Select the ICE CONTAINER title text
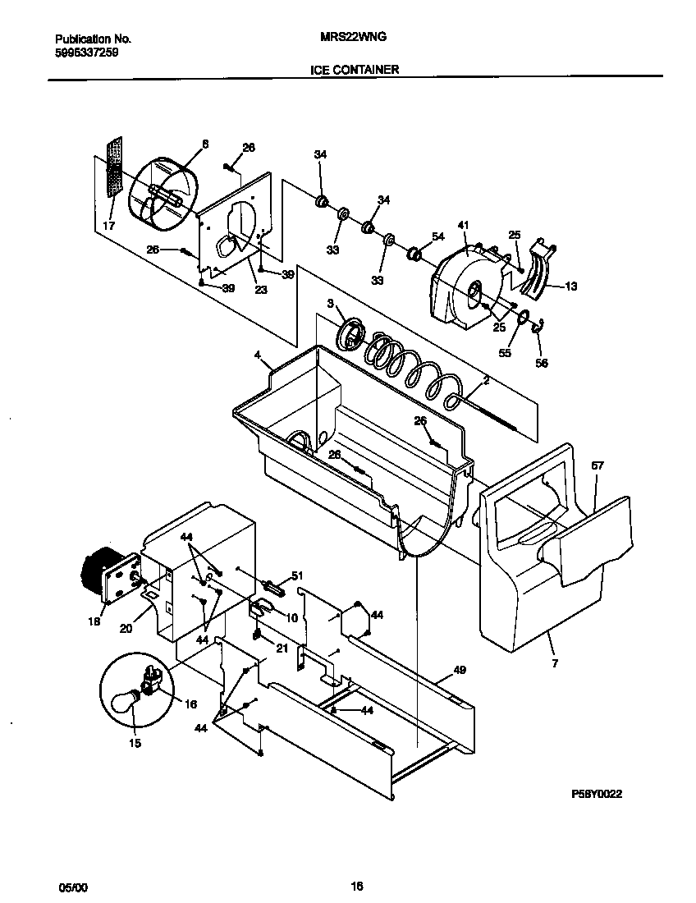(354, 70)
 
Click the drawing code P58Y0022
(603, 795)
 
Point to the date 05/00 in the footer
(71, 887)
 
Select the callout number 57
(598, 465)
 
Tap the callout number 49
(460, 670)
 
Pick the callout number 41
(463, 225)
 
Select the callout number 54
(437, 236)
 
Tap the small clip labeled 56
(538, 329)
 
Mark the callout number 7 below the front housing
(554, 663)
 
